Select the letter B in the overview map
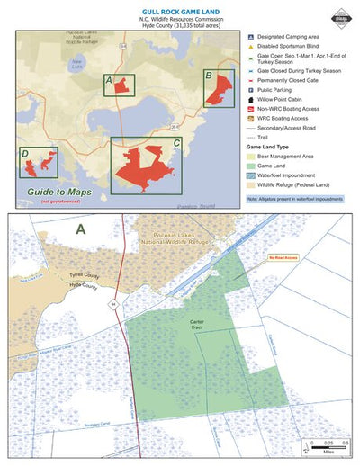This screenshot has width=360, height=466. (x=209, y=76)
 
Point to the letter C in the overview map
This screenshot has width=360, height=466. (x=176, y=143)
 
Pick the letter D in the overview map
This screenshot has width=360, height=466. (x=25, y=153)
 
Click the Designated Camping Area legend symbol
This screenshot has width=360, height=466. (x=252, y=38)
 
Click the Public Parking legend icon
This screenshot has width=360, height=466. (x=252, y=90)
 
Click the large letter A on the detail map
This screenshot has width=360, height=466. (x=80, y=229)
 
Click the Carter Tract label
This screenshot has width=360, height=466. (x=197, y=322)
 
